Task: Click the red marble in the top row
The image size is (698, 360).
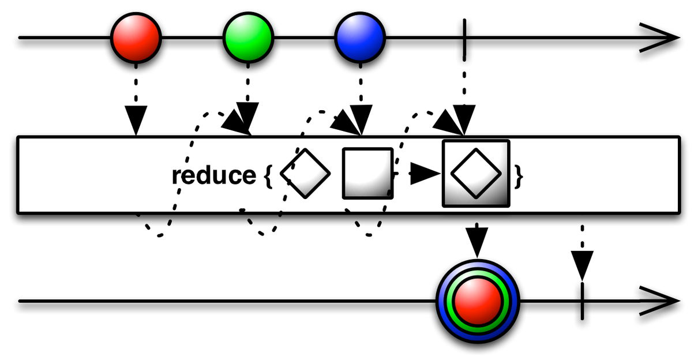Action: (x=136, y=38)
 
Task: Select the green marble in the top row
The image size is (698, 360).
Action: (x=248, y=38)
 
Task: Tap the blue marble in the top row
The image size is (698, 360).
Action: (x=360, y=38)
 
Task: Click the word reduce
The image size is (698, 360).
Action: (x=213, y=175)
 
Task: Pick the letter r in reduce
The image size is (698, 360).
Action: (x=175, y=177)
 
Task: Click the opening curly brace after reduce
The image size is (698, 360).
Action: (x=267, y=177)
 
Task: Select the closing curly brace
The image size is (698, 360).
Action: (x=518, y=177)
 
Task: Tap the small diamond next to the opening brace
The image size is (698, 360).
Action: (x=306, y=173)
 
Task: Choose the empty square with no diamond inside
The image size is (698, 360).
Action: (x=367, y=173)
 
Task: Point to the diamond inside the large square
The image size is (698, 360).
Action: (x=476, y=173)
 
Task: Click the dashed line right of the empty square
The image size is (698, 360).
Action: (x=395, y=173)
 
